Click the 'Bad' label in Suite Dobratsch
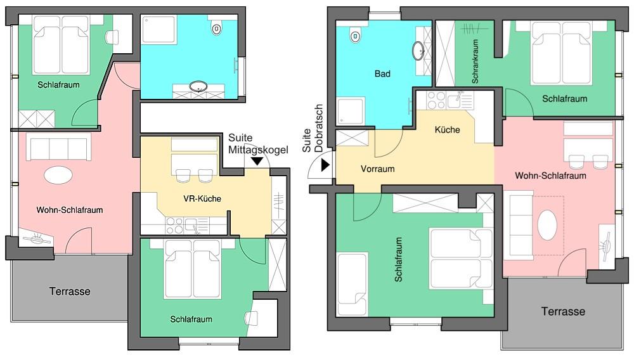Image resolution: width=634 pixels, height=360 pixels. (382, 74)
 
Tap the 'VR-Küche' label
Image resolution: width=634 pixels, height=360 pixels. (202, 198)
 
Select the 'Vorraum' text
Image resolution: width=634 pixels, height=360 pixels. (378, 169)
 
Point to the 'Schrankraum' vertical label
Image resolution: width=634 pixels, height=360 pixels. (475, 61)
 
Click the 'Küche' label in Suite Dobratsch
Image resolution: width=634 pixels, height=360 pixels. (447, 130)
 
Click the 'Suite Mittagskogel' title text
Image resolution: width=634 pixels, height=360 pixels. (258, 144)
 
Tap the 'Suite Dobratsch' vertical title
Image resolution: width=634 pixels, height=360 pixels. (313, 129)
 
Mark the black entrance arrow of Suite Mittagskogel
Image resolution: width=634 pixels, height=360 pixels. (257, 161)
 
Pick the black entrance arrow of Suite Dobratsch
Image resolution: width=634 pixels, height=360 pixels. (325, 165)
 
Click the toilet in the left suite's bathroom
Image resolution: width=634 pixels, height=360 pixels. (217, 29)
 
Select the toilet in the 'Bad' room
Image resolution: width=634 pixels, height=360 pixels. (355, 36)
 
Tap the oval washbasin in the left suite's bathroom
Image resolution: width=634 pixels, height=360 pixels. (198, 86)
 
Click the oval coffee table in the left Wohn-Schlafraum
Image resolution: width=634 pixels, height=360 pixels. (58, 176)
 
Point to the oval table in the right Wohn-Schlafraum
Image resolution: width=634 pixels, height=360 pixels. (547, 225)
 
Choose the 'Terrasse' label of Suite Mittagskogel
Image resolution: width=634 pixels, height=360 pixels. (70, 292)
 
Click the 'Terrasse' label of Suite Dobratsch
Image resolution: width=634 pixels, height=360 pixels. (563, 312)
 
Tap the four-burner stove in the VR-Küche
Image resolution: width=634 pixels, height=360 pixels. (175, 226)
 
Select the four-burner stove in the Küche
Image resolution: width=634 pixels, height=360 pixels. (436, 100)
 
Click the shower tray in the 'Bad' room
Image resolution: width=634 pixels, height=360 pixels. (351, 111)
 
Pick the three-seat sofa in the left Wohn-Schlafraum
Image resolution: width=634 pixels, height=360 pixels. (58, 148)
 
